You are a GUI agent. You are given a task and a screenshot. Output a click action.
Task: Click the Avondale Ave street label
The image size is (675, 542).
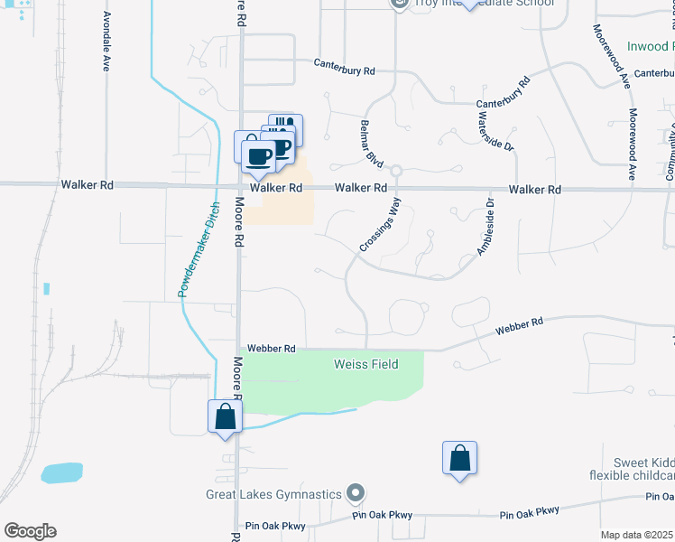(106, 42)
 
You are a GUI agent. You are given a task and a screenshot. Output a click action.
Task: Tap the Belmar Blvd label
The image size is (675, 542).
(370, 142)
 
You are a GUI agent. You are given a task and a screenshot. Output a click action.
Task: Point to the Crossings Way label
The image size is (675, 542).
(380, 226)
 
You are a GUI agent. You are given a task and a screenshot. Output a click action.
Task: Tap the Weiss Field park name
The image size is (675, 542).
(365, 364)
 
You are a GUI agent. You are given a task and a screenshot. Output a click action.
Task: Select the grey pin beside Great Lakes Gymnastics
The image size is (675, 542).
(356, 493)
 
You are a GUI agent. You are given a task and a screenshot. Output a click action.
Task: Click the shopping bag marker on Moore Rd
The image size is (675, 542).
(225, 417)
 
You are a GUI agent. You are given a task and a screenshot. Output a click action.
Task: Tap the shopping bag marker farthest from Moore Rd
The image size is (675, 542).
(459, 458)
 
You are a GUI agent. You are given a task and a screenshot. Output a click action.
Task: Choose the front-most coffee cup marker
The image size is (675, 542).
(258, 155)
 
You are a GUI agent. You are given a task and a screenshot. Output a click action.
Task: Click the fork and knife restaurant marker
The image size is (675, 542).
(285, 127)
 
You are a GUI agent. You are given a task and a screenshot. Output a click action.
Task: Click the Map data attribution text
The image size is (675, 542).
(637, 535)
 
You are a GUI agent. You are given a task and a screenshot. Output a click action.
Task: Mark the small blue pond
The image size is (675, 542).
(61, 472)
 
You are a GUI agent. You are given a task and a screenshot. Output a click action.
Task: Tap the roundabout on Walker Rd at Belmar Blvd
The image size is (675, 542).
(396, 170)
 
